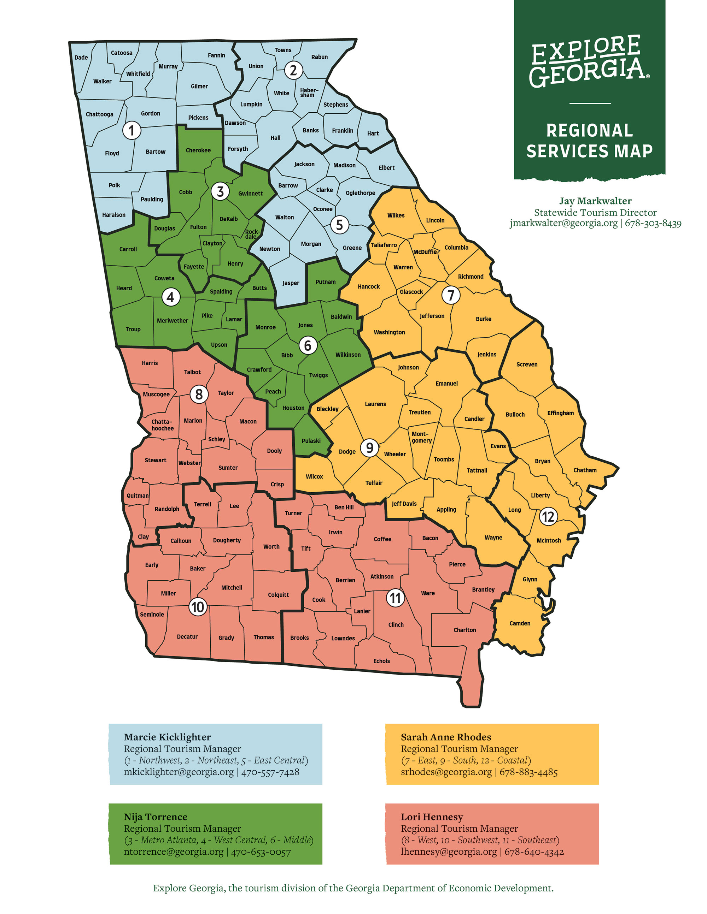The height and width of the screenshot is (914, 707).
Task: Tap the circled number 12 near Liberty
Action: pyautogui.click(x=548, y=517)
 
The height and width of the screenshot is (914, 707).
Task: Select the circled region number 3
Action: pyautogui.click(x=220, y=192)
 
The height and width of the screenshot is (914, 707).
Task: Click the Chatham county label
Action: pyautogui.click(x=585, y=470)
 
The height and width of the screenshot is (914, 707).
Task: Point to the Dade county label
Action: pyautogui.click(x=81, y=57)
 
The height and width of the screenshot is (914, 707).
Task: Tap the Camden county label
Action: pyautogui.click(x=520, y=623)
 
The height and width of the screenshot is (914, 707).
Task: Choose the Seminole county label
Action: pyautogui.click(x=152, y=615)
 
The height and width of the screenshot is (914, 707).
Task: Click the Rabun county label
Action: pyautogui.click(x=319, y=57)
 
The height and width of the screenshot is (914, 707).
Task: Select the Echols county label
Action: pyautogui.click(x=381, y=661)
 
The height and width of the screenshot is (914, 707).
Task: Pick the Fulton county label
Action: pyautogui.click(x=198, y=227)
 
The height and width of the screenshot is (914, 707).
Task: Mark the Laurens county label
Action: pyautogui.click(x=375, y=404)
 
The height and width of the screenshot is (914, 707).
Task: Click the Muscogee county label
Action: pyautogui.click(x=156, y=394)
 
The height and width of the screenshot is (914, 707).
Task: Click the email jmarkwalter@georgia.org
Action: pyautogui.click(x=563, y=223)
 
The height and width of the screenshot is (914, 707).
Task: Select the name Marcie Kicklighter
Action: pyautogui.click(x=167, y=737)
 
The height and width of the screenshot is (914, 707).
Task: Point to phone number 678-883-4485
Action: pyautogui.click(x=528, y=772)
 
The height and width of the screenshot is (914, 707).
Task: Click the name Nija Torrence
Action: pyautogui.click(x=156, y=817)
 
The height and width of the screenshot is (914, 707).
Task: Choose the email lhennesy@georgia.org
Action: pyautogui.click(x=449, y=851)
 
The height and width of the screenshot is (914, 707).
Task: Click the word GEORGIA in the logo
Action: pyautogui.click(x=586, y=72)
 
